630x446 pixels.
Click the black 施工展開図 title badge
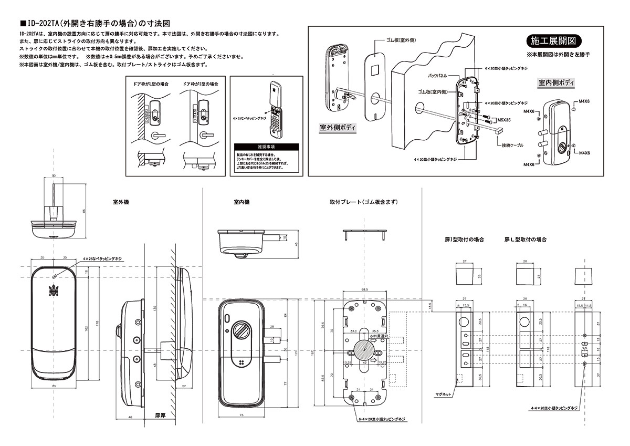(553, 41)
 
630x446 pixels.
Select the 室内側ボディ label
(556, 83)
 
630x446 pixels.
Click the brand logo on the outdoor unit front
(53, 289)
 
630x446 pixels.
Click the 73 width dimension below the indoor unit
(241, 415)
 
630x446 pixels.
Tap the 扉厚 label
(161, 415)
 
